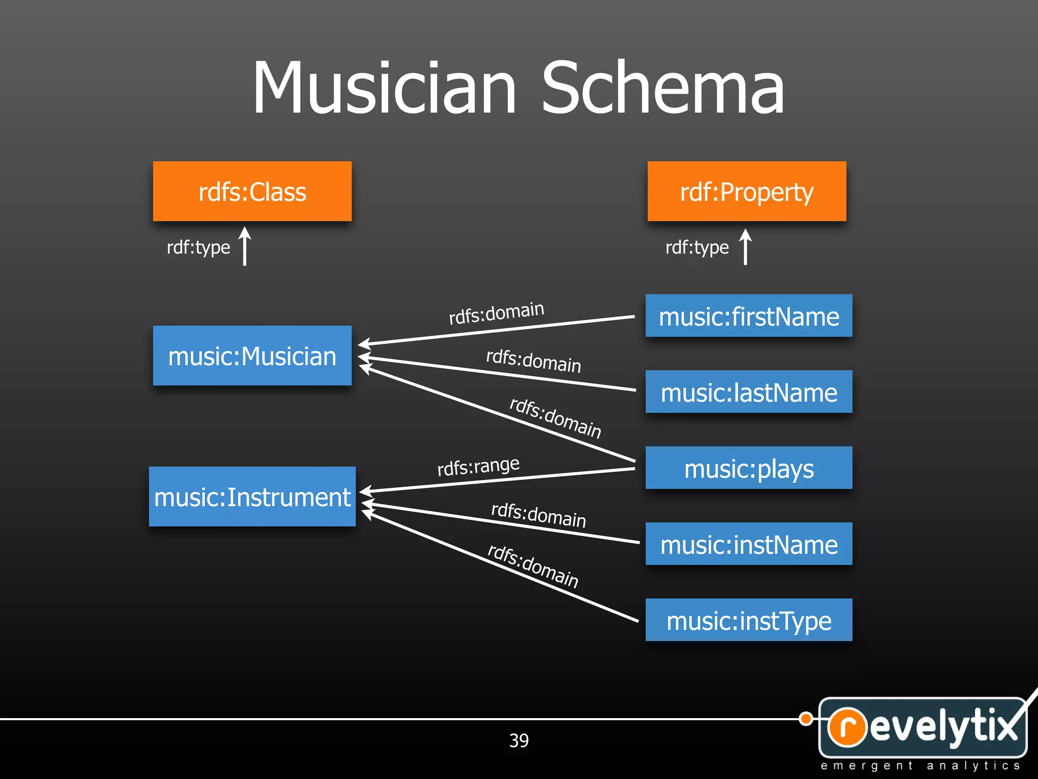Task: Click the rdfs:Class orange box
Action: [252, 191]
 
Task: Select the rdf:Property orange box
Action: [747, 191]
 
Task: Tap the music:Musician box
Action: [252, 356]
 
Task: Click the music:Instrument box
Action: [252, 497]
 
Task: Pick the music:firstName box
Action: [749, 316]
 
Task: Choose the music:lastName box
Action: [749, 392]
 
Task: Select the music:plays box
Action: [749, 468]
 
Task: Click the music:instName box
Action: [749, 544]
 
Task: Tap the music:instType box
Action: [749, 620]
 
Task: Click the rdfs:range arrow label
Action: [478, 466]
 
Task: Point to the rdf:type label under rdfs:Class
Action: [198, 247]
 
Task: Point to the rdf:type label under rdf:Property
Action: [697, 247]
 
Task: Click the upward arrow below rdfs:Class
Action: [245, 246]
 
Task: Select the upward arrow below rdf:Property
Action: [745, 246]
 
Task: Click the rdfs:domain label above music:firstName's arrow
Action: [496, 312]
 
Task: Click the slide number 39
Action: [518, 740]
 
